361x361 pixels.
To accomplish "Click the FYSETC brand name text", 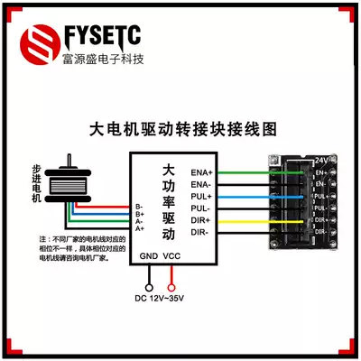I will tap(103, 36).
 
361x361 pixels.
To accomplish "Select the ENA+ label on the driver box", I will tap(200, 171).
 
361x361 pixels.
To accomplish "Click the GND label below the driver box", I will tap(149, 256).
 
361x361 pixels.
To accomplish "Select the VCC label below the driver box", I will tap(172, 256).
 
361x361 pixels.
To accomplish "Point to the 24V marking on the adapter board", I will tap(320, 160).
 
